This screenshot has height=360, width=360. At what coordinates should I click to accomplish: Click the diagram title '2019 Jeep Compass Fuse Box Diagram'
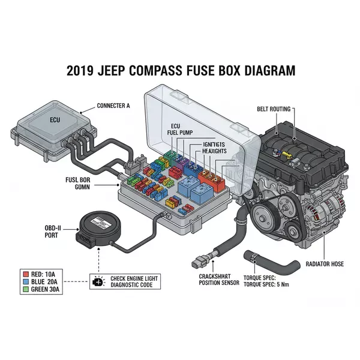point(180,70)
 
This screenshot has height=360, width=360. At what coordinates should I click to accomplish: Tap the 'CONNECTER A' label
point(113,106)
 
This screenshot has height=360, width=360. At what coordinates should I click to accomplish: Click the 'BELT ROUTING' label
point(273,109)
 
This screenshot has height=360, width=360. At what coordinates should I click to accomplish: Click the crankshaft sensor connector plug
point(197,262)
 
